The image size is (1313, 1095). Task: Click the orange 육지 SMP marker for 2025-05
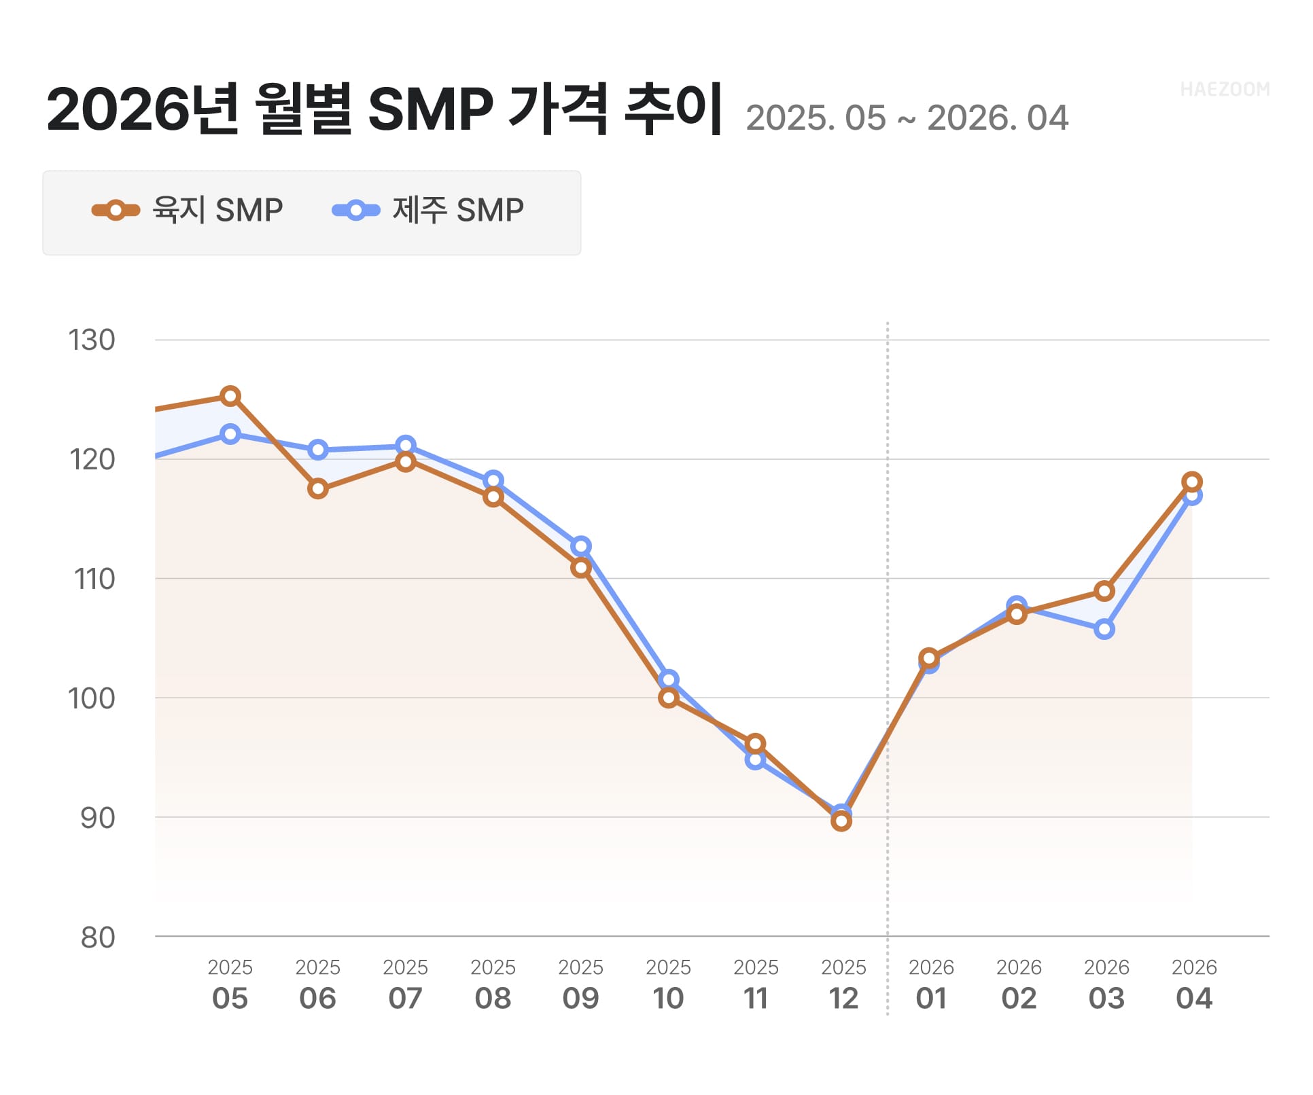pos(231,397)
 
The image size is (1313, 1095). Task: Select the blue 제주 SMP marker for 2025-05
pos(231,435)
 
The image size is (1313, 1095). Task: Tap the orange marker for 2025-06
pos(318,489)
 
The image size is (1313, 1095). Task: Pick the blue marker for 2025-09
pos(582,547)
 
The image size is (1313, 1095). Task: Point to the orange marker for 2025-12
pos(842,822)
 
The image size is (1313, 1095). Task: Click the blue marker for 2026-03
pos(1105,630)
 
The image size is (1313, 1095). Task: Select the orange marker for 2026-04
pos(1193,482)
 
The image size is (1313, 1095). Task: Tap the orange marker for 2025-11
pos(756,744)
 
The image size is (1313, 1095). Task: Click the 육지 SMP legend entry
pos(188,211)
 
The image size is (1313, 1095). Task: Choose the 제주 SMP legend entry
pos(429,211)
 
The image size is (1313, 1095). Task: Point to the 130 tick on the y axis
pos(92,340)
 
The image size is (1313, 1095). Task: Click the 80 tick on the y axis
pos(98,938)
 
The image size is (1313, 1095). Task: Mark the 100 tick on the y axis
pos(92,699)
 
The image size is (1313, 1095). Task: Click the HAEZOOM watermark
pos(1225,90)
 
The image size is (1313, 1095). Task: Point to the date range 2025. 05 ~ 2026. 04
pos(907,118)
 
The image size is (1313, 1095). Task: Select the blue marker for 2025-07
pos(406,446)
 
